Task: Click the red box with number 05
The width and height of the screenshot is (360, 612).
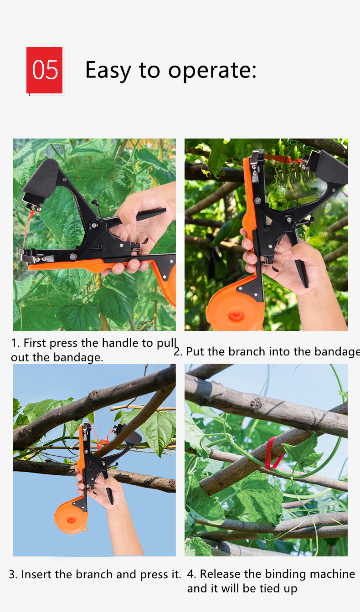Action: click(x=45, y=70)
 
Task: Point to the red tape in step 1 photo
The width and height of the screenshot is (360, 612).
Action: click(x=28, y=228)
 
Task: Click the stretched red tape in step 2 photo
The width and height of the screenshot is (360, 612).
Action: click(x=283, y=159)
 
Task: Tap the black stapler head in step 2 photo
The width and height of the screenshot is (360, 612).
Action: click(x=328, y=166)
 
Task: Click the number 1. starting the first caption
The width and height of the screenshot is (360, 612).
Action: click(x=15, y=343)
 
